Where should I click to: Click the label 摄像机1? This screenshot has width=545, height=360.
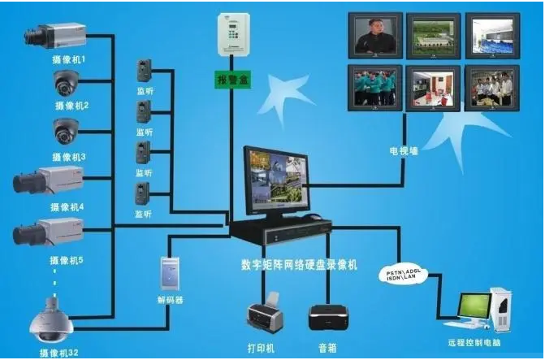[x=68, y=59]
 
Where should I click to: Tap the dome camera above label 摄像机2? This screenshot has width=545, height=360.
[x=66, y=83]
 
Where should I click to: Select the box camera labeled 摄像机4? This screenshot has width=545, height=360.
[x=48, y=181]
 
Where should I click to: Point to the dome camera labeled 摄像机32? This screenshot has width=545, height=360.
[x=51, y=320]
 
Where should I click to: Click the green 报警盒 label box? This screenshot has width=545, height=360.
[x=232, y=80]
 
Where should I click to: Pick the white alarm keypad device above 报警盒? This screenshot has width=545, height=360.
[x=234, y=34]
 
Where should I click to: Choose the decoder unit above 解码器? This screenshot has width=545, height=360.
[x=170, y=273]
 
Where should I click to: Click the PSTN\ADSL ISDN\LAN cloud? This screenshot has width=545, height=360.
[x=403, y=275]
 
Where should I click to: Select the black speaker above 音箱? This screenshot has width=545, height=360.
[x=328, y=318]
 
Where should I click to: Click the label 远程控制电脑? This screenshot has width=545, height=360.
[x=474, y=343]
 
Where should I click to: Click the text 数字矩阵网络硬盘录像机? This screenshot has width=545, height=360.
[x=299, y=265]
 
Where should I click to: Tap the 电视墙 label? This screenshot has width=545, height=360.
[x=404, y=151]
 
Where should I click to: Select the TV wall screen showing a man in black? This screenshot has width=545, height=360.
[x=375, y=36]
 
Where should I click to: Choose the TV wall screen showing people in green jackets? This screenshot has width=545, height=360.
[x=375, y=88]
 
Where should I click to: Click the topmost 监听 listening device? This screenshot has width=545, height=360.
[x=145, y=71]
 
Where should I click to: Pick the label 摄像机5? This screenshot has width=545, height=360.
[x=67, y=260]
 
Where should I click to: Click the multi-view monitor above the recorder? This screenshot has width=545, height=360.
[x=276, y=182]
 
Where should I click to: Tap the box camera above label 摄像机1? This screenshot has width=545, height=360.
[x=55, y=36]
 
